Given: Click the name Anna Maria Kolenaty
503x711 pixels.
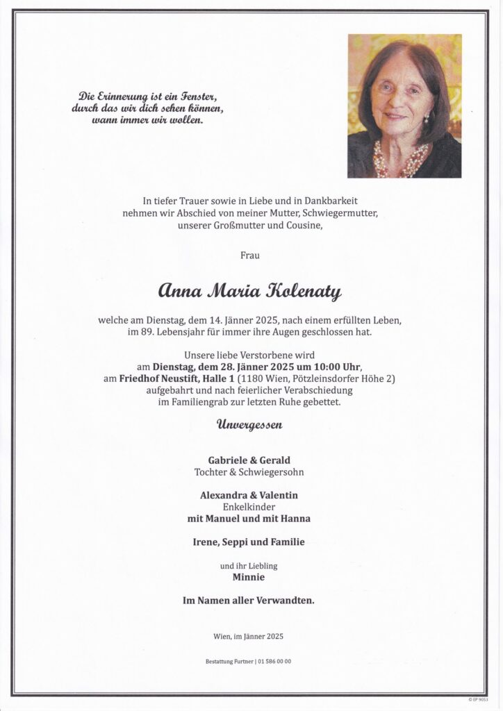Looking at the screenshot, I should pyautogui.click(x=251, y=292).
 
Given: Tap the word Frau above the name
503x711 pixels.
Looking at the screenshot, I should pyautogui.click(x=251, y=256).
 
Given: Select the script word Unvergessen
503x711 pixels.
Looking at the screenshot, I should pyautogui.click(x=251, y=425).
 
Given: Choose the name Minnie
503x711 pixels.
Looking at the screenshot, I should pyautogui.click(x=251, y=577).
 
